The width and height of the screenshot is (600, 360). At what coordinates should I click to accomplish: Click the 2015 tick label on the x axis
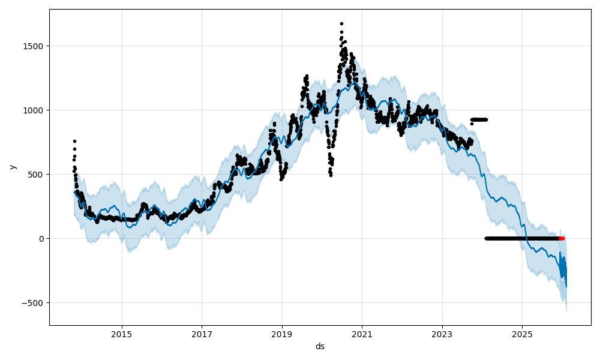coord(122,334)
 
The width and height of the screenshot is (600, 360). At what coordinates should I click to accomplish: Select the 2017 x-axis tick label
coord(202,334)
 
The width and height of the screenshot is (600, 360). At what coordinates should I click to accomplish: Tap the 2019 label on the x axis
coord(282,334)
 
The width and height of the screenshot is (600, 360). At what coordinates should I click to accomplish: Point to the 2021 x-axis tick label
coord(362,334)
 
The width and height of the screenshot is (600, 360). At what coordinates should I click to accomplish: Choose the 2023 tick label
coord(442,334)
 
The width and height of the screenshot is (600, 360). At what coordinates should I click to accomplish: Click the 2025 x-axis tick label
coord(522,334)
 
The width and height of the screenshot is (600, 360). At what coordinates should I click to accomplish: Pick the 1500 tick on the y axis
coord(34,46)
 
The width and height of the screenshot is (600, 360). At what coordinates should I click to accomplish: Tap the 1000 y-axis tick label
coord(34,110)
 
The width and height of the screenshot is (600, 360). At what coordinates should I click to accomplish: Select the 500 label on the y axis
coord(37,175)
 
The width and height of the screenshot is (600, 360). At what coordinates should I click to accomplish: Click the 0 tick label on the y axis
coord(41,239)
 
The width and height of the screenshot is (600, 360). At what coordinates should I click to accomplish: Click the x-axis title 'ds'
coord(320,346)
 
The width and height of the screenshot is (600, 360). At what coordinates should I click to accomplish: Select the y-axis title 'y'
coord(13,167)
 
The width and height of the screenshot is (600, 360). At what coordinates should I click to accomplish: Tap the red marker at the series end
coord(562,238)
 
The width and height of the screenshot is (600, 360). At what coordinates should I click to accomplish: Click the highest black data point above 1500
coord(341,23)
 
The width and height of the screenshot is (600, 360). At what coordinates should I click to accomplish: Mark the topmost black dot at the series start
coord(74,141)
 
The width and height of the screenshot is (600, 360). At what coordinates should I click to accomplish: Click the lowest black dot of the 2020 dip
coord(331,175)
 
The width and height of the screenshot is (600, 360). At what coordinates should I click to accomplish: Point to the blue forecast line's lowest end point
coord(566,286)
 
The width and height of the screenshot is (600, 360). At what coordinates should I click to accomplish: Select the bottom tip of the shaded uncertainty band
coord(566,310)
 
